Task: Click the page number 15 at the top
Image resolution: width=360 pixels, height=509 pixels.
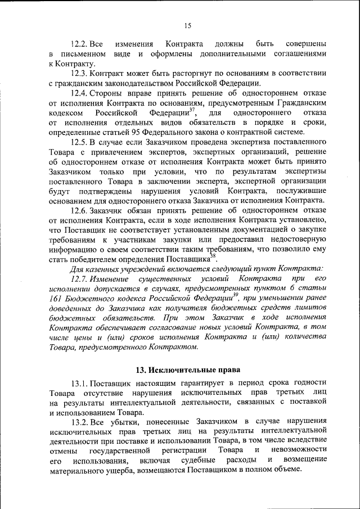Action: (187, 25)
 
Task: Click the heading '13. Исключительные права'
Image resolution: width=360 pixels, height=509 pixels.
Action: (188, 370)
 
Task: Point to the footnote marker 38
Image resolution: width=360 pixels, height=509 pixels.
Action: (213, 257)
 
